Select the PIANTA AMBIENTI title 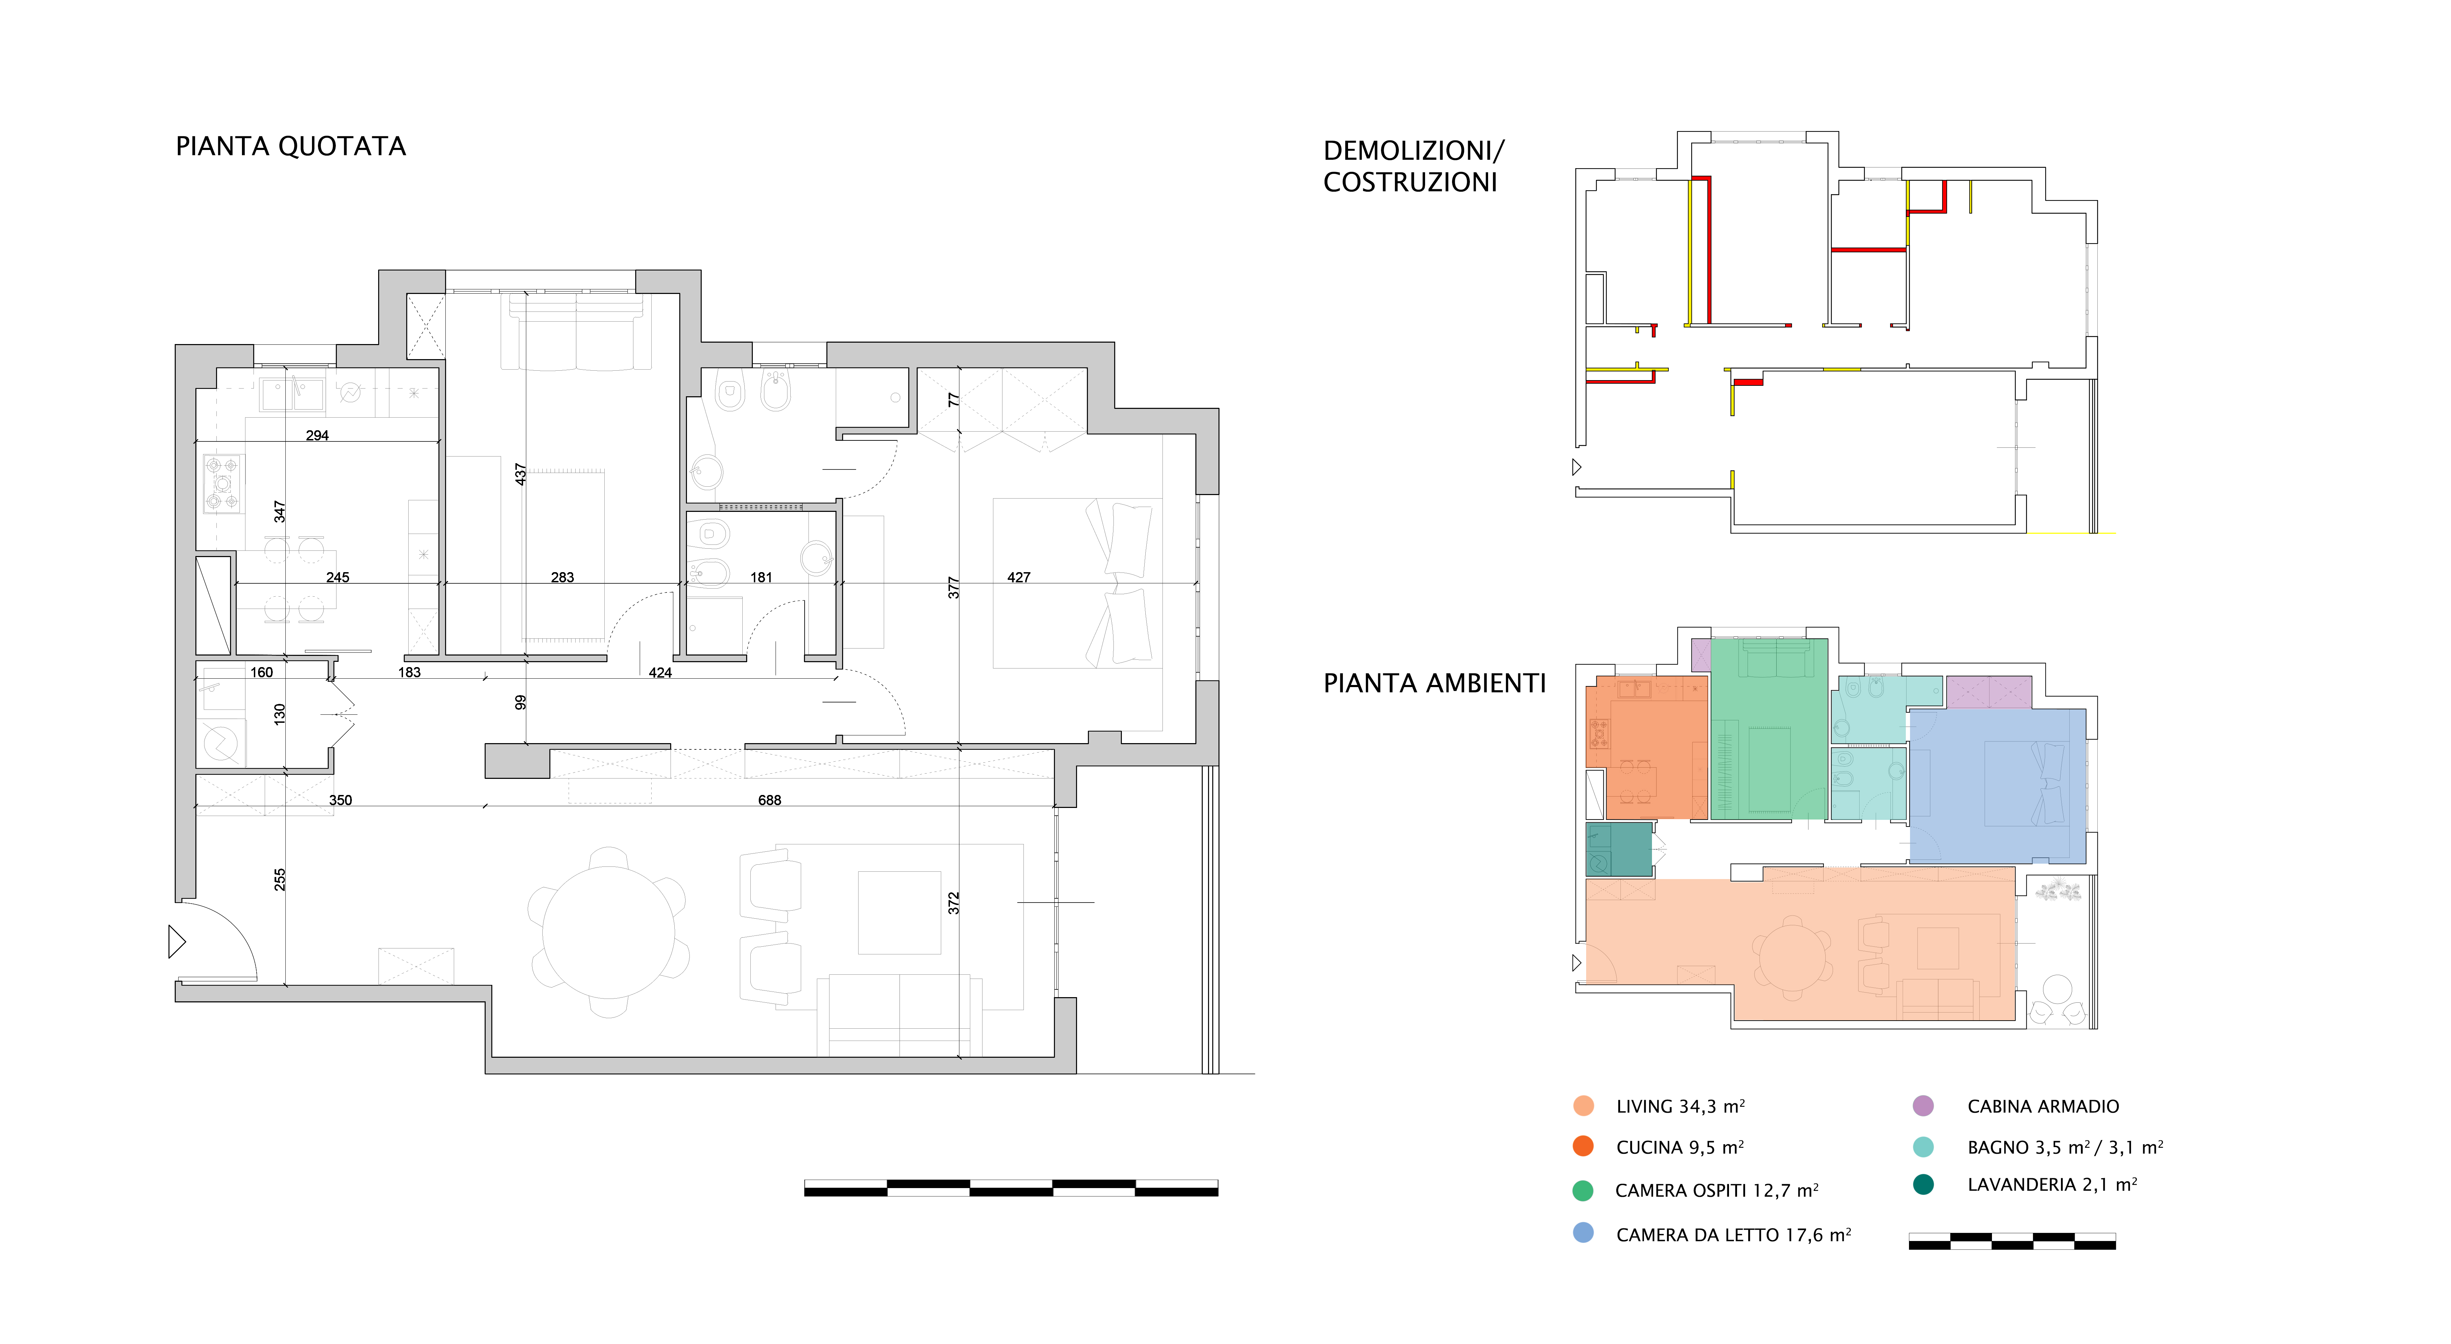[1435, 684]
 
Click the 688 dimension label [770, 801]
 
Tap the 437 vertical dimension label [520, 474]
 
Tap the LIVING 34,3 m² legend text [1680, 1106]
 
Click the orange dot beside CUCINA [1583, 1146]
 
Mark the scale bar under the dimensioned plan [1011, 1188]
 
